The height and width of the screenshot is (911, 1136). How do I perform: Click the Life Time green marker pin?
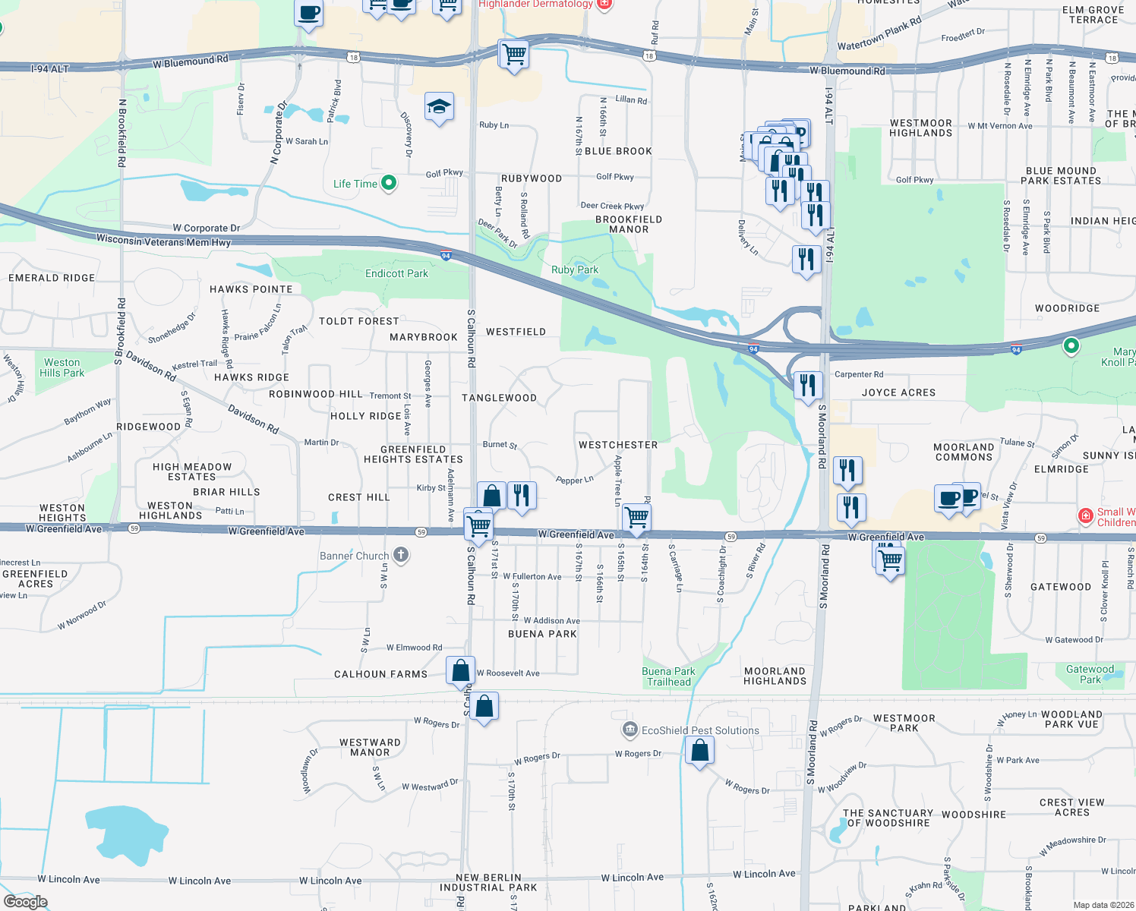[389, 183]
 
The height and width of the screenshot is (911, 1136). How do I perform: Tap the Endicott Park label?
[396, 273]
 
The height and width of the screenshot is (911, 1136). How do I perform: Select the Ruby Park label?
[575, 270]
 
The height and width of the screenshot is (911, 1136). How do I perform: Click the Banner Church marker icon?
[402, 555]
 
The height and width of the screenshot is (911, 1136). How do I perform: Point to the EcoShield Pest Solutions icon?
[630, 730]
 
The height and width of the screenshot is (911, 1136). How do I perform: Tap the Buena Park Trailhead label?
[668, 676]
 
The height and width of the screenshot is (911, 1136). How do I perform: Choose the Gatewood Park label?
[1090, 674]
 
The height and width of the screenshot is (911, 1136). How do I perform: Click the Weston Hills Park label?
[62, 367]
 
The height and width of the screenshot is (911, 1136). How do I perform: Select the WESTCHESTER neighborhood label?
[618, 445]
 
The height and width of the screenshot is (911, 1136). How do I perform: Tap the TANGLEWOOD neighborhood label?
[499, 398]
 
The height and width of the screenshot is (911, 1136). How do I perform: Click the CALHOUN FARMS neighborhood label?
[380, 674]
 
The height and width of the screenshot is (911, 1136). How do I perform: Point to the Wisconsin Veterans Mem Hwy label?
[163, 241]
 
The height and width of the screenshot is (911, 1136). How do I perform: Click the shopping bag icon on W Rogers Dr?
[699, 751]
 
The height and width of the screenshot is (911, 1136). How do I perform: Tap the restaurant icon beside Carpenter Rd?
[807, 385]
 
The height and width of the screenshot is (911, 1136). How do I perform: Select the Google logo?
[26, 902]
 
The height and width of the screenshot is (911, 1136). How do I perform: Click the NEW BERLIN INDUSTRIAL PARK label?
[488, 882]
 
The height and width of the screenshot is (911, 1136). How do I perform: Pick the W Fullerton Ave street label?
[532, 577]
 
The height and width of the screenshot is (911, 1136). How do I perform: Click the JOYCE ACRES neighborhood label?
[898, 392]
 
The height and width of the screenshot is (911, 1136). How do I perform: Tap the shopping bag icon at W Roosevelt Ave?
[460, 671]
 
